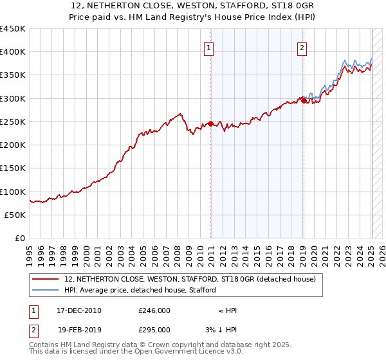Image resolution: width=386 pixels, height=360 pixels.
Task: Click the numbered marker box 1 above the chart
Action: tap(209, 46)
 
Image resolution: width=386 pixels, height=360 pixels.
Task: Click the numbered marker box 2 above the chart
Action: tap(302, 46)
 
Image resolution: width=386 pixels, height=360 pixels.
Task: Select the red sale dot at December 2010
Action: tap(210, 124)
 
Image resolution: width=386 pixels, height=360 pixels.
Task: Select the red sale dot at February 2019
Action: tap(304, 100)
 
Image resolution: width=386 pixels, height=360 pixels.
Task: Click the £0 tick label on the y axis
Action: tap(19, 239)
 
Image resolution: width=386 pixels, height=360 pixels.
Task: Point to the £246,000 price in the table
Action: tap(154, 310)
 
